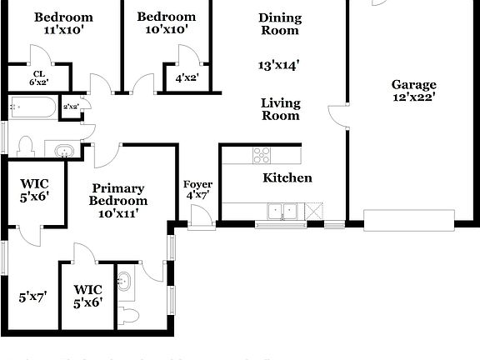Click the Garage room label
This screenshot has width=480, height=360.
pos(413,84)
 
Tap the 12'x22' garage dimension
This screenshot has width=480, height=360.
pos(413,97)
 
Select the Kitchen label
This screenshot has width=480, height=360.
pos(287,177)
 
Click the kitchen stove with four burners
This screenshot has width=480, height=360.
pos(262,155)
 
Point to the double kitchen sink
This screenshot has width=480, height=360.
pos(282,211)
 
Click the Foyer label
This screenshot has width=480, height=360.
pos(197,184)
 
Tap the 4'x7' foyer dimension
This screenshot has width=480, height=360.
pos(197,195)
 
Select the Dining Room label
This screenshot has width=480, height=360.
pos(280,23)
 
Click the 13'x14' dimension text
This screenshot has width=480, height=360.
pos(280,63)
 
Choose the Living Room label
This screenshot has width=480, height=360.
pos(280,109)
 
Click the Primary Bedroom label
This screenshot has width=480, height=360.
pos(118,194)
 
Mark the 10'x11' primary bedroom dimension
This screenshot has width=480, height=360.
pos(118,212)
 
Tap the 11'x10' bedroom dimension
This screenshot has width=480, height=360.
pos(63,29)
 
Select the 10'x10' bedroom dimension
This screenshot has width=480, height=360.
pos(166,29)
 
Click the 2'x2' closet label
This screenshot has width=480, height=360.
pos(71,107)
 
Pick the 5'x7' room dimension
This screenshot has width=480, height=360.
pos(33,296)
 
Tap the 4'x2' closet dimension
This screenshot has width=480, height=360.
pos(187,78)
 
